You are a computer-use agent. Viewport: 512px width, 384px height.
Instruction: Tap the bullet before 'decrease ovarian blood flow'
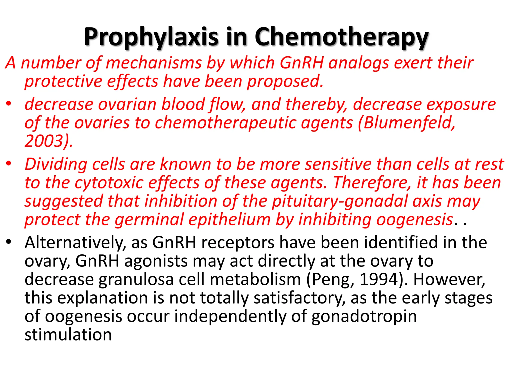pyautogui.click(x=9, y=103)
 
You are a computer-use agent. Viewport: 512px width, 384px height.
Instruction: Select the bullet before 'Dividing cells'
pyautogui.click(x=9, y=163)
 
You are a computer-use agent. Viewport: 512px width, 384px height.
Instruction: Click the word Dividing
pyautogui.click(x=56, y=164)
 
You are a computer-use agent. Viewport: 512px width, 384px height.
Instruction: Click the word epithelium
pyautogui.click(x=229, y=219)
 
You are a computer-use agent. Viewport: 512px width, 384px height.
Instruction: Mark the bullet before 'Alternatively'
pyautogui.click(x=9, y=242)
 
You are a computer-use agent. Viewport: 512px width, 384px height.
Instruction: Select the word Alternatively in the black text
pyautogui.click(x=75, y=242)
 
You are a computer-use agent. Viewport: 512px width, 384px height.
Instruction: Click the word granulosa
pyautogui.click(x=136, y=279)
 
